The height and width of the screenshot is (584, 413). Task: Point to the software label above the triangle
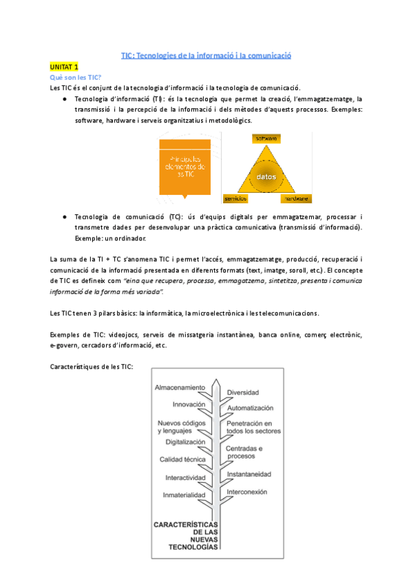click(266, 138)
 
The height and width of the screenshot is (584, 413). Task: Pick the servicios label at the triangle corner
click(235, 199)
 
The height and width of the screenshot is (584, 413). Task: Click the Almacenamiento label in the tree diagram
click(180, 388)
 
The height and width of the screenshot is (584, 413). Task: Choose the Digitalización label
click(181, 441)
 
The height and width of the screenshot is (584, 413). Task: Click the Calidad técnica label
click(182, 459)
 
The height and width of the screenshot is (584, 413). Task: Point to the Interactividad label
click(185, 477)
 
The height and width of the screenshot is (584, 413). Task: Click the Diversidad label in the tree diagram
click(243, 393)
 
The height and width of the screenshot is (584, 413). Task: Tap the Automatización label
click(251, 408)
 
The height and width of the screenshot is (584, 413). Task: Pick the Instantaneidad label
click(248, 474)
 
